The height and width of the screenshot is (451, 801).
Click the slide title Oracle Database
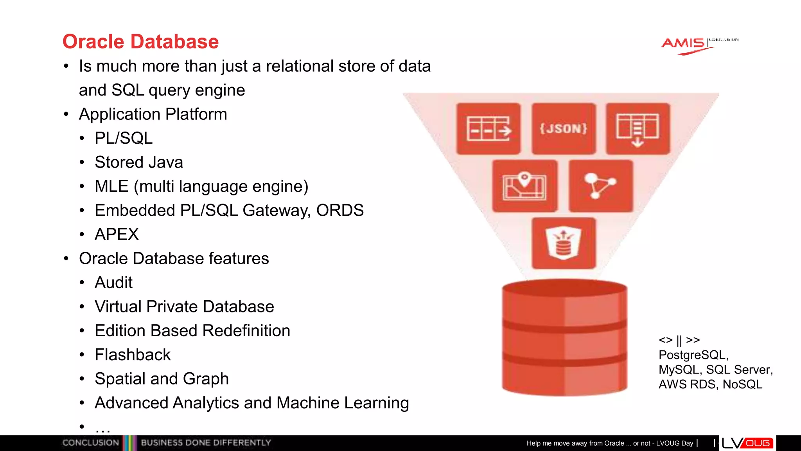pos(140,41)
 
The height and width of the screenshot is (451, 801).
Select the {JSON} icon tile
pos(564,128)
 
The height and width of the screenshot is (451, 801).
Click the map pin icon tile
pos(524,186)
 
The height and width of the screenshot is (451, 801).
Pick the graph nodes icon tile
pos(600,186)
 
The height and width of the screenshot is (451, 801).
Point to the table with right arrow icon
pos(489,128)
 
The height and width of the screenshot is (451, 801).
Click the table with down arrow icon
pos(638,128)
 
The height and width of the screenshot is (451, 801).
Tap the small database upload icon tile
pos(564,243)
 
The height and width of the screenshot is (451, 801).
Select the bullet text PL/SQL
pos(124,138)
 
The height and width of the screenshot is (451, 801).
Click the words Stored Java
pos(139,162)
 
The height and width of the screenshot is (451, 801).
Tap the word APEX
pos(117,235)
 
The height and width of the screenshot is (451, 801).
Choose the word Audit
pos(113,283)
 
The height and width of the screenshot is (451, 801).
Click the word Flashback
pos(133,355)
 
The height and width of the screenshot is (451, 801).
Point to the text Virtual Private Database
pos(184,307)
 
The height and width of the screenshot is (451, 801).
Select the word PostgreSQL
pos(693,355)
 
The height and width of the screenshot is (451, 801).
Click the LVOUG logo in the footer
pos(747,443)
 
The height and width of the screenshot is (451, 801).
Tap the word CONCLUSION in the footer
pos(91,443)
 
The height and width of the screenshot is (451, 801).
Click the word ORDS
pos(340,211)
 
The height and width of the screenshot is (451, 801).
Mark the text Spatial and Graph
pos(162,379)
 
